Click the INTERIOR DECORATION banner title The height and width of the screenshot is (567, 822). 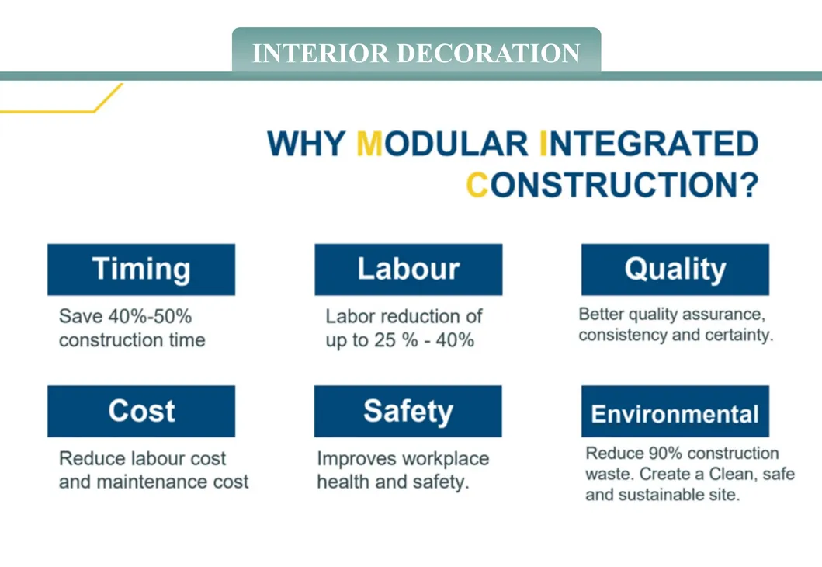click(416, 53)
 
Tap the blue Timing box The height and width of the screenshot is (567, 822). click(141, 270)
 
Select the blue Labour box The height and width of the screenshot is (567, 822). click(408, 270)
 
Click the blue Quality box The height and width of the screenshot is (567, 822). click(675, 270)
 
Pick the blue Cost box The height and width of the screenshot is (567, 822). click(141, 411)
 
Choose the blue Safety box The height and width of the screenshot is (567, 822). click(408, 411)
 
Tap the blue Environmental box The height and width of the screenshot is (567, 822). click(675, 413)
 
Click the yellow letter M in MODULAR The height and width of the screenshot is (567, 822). click(370, 144)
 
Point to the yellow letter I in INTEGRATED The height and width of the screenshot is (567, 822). click(543, 144)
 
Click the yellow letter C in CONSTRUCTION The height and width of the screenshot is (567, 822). click(477, 185)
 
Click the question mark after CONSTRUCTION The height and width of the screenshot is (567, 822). click(747, 185)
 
